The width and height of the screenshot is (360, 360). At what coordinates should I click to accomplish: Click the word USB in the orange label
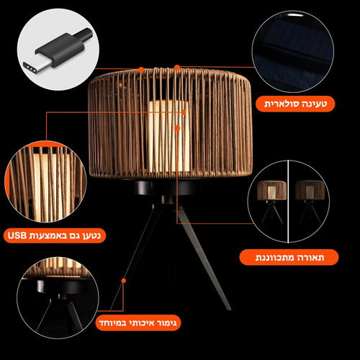(17, 235)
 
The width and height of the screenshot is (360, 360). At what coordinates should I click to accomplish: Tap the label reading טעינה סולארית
(295, 104)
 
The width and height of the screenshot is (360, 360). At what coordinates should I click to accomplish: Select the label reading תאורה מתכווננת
(289, 257)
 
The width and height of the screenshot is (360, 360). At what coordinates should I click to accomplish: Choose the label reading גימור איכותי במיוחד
(138, 323)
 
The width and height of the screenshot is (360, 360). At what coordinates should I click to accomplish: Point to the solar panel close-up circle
(293, 51)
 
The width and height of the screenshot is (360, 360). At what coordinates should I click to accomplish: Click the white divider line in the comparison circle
(288, 202)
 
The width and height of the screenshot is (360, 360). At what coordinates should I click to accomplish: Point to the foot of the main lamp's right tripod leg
(228, 307)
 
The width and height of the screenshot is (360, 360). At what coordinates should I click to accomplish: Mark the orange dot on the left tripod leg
(124, 281)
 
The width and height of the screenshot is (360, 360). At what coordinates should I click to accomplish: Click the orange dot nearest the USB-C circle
(141, 70)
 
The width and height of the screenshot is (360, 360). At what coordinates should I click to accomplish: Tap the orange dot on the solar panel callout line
(177, 68)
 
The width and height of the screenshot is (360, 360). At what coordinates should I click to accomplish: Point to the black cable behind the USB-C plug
(84, 34)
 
